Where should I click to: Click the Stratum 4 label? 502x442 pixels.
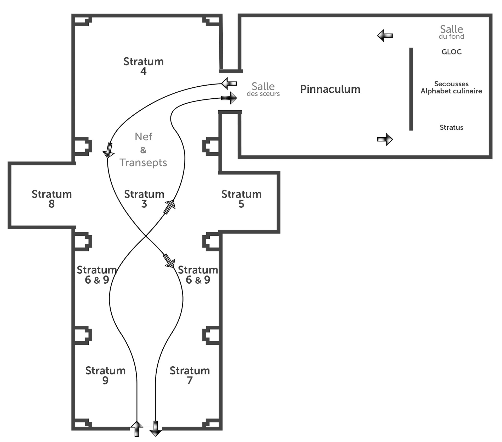144,66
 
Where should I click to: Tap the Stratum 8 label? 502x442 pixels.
52,199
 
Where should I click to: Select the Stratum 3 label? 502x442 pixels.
144,199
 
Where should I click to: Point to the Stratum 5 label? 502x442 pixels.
241,199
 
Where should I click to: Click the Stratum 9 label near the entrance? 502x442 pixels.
105,375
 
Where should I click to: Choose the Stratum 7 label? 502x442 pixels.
190,375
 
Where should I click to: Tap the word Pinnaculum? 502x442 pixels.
330,89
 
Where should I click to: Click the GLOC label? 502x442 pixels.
452,52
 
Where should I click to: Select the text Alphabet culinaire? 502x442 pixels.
451,91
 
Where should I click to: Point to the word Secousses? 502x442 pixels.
452,84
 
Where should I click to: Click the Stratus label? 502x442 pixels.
452,127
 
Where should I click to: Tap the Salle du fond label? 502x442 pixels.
452,32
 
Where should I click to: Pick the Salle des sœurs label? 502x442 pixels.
263,89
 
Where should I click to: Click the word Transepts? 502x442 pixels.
143,163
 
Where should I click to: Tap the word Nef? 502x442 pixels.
144,136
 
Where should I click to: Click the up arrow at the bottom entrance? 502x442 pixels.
137,429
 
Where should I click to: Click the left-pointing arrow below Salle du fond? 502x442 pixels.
385,35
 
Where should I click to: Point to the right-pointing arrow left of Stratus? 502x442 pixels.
385,139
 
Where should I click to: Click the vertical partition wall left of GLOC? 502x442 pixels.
411,89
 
